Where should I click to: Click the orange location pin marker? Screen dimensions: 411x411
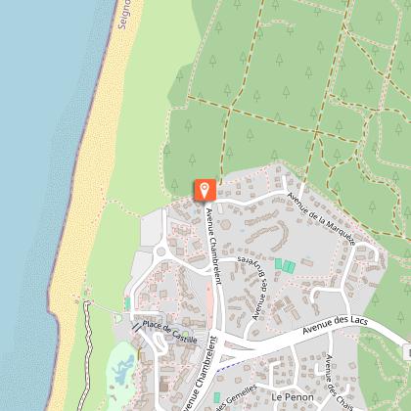[x=205, y=189]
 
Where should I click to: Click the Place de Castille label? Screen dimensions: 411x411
[x=169, y=331]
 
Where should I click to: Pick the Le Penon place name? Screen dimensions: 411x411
[x=292, y=397]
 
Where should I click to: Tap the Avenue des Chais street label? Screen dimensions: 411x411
[x=342, y=391]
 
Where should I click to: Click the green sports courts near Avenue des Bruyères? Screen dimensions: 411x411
[x=284, y=265]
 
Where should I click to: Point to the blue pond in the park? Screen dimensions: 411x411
[x=122, y=371]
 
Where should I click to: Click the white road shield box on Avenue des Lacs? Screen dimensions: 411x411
[x=406, y=351]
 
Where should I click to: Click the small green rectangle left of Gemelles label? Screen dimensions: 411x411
[x=216, y=396]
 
